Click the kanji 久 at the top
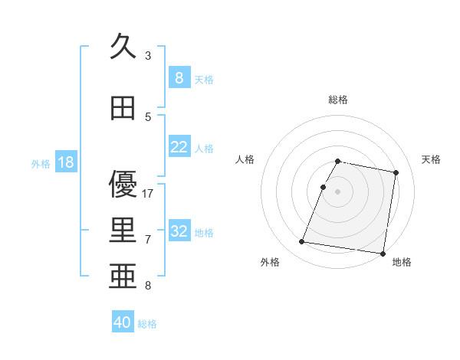point(123,47)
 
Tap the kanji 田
point(123,109)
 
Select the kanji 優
point(123,184)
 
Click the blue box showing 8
point(179,78)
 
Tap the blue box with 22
point(179,147)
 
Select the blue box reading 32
point(179,231)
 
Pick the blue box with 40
point(123,322)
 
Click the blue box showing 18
point(65,162)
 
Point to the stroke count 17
point(148,193)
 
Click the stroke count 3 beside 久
point(148,55)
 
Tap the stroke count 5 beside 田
point(148,116)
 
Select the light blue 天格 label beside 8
point(204,79)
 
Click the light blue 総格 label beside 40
point(147,324)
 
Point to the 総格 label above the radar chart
point(338,100)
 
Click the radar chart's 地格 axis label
point(402,262)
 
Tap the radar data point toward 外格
point(302,242)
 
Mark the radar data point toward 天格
point(396,172)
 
